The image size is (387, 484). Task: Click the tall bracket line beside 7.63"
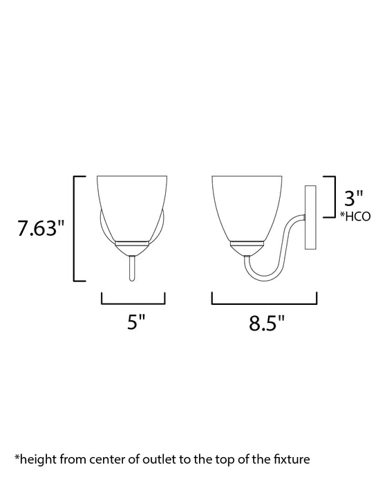pos(75,228)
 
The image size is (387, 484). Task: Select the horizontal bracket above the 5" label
pos(133,301)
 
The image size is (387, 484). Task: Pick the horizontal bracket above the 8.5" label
pos(264,301)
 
